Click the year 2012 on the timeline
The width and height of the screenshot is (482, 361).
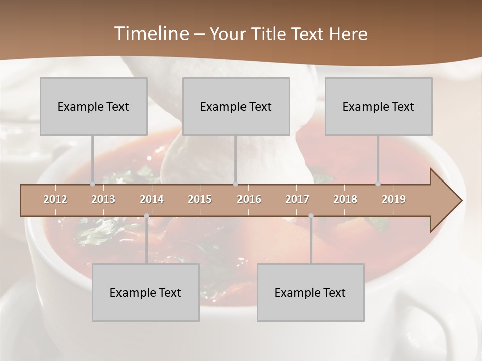point(55,199)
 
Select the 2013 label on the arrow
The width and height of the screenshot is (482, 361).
point(103,199)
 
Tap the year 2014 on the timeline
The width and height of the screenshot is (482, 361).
point(152,199)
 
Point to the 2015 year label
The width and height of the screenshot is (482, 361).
point(200,199)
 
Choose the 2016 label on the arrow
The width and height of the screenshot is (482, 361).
point(249,199)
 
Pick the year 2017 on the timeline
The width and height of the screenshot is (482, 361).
point(297,199)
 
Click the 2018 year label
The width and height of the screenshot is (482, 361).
point(345,199)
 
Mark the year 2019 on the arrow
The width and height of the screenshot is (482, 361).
point(394,199)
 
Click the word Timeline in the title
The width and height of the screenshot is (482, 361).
point(150,34)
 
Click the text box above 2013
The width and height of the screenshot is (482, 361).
point(93,106)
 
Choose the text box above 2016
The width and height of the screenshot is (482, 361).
point(236,106)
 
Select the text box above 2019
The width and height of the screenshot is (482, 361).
point(379,106)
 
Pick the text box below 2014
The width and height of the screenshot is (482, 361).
point(146,292)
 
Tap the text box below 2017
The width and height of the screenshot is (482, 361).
point(310,292)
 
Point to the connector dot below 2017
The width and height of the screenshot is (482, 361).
point(311,216)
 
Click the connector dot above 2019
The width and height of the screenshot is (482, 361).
point(378,184)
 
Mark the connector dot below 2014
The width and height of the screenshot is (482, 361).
point(146,216)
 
